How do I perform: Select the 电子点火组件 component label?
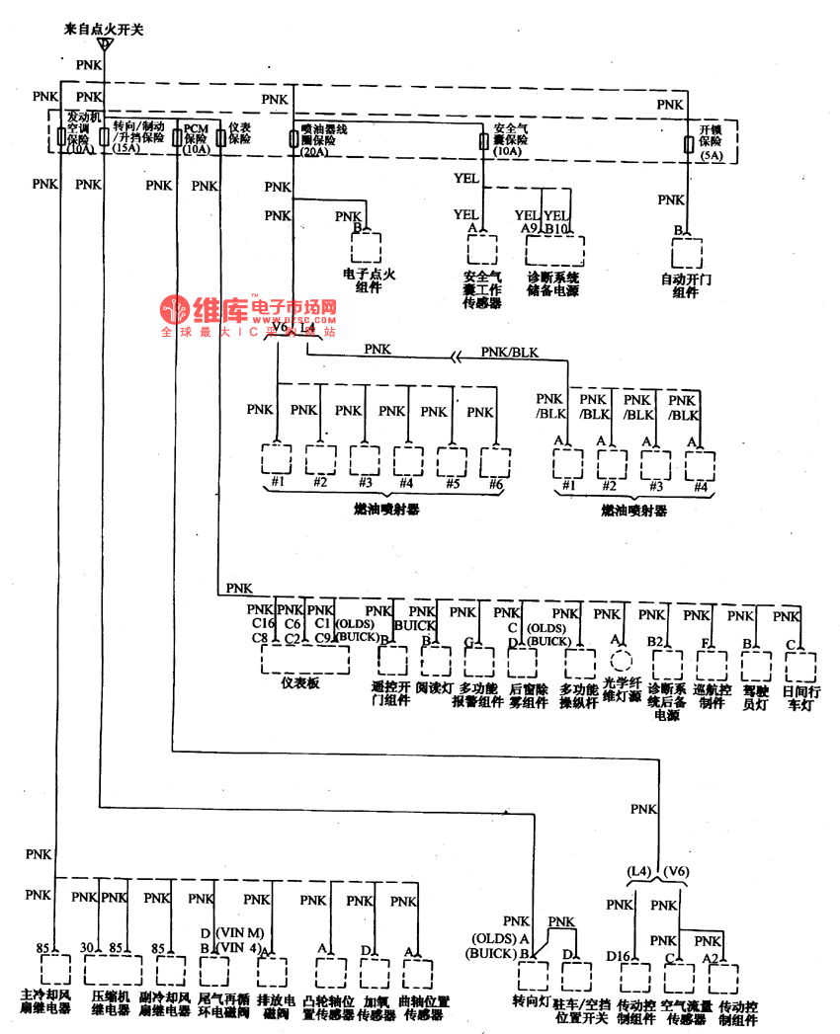pyautogui.click(x=368, y=280)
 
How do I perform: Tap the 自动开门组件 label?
pyautogui.click(x=685, y=285)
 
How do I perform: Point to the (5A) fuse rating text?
pyautogui.click(x=712, y=156)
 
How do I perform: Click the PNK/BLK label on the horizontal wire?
pyautogui.click(x=510, y=351)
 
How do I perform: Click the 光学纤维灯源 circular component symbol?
pyautogui.click(x=621, y=662)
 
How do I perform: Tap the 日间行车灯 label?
pyautogui.click(x=800, y=697)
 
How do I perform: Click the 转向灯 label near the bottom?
pyautogui.click(x=531, y=999)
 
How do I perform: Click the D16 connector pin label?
pyautogui.click(x=619, y=957)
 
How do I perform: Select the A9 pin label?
pyautogui.click(x=530, y=228)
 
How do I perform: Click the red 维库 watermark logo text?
pyautogui.click(x=217, y=308)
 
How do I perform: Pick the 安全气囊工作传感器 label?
pyautogui.click(x=481, y=290)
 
